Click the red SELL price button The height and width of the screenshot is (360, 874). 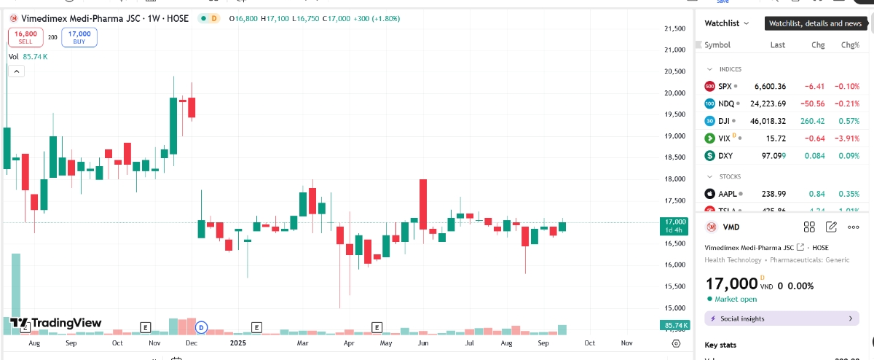[25, 37]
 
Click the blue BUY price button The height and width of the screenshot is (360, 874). [79, 37]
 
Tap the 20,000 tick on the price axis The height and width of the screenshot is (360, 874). [675, 93]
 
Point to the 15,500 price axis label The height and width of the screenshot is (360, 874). [675, 286]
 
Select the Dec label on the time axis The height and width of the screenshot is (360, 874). [192, 342]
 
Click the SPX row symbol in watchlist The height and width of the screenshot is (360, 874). [725, 86]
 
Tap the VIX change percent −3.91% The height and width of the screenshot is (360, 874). [845, 138]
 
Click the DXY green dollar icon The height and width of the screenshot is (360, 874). [710, 156]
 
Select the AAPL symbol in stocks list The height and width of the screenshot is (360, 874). [728, 194]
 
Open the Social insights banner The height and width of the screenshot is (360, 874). [782, 318]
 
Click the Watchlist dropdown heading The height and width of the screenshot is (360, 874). [726, 23]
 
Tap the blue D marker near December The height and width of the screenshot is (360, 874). [202, 327]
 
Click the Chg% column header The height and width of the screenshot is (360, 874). [850, 45]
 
